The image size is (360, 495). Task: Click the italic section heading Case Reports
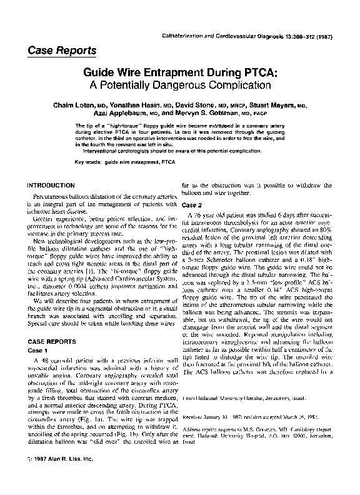click(61, 50)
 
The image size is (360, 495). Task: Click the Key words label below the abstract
click(88, 162)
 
